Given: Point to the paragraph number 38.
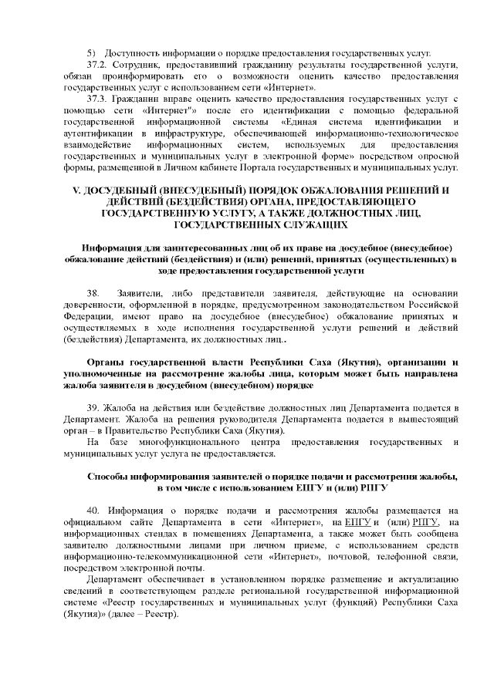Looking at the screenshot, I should pyautogui.click(x=94, y=293).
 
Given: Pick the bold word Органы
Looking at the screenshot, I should pyautogui.click(x=106, y=362).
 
